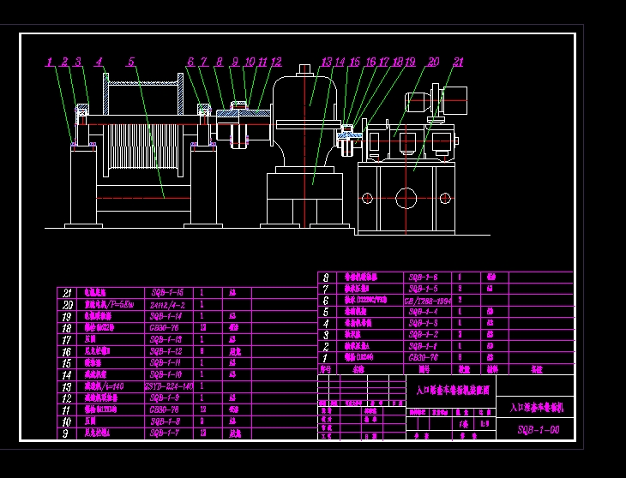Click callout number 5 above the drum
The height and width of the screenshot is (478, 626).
tap(130, 62)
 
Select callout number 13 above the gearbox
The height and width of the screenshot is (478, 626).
tap(326, 62)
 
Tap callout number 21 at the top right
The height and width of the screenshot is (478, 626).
tap(458, 62)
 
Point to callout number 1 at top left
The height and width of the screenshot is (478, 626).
tap(50, 62)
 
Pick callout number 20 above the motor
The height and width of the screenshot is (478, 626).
tap(433, 62)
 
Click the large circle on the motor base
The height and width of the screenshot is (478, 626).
tap(406, 199)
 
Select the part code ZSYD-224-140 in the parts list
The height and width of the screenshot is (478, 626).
tap(170, 386)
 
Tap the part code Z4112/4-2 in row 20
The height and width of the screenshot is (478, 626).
tap(166, 304)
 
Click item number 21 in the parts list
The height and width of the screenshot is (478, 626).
tap(67, 292)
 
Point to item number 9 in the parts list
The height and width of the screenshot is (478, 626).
tap(66, 433)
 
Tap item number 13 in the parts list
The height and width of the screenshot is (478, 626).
tap(67, 386)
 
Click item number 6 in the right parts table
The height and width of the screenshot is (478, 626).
tap(326, 301)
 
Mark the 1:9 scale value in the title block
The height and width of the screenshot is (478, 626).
tap(485, 422)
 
